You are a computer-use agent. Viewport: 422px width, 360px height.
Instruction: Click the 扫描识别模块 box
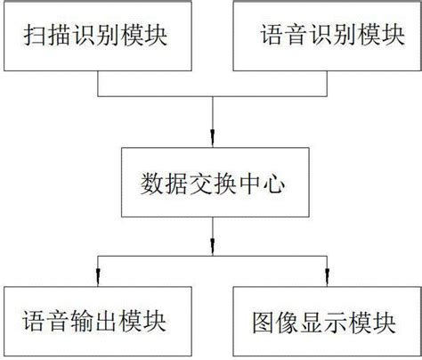[98, 36]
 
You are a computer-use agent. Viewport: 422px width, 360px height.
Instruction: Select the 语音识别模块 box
[327, 36]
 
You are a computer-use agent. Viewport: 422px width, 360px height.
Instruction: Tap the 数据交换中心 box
[215, 182]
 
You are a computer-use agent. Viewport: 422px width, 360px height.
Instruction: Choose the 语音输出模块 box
[98, 321]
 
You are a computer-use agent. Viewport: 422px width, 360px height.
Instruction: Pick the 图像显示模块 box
[327, 321]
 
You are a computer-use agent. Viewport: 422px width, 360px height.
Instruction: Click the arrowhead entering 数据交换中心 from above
[213, 138]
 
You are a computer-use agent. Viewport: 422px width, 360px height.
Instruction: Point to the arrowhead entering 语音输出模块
[98, 277]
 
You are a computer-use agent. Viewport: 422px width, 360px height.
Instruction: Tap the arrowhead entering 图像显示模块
[327, 277]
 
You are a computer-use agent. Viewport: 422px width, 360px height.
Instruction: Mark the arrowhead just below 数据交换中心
[213, 247]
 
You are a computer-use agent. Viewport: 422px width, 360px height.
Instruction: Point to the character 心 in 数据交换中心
[273, 184]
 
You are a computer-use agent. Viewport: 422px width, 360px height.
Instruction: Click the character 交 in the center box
[200, 184]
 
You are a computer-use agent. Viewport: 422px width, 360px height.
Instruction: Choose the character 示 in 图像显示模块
[336, 323]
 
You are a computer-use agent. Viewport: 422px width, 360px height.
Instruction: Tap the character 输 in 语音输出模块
[82, 322]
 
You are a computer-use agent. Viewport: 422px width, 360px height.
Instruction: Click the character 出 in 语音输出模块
[106, 322]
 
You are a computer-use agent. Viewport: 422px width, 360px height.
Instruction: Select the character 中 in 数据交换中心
[248, 184]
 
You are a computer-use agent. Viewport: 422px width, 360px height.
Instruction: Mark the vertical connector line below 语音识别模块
[327, 84]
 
